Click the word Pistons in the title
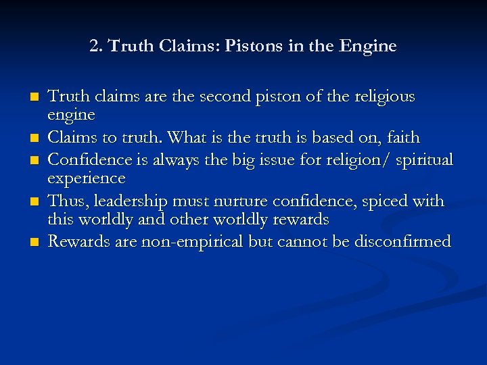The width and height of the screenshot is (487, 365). (251, 47)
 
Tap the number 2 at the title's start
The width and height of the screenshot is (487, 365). (93, 47)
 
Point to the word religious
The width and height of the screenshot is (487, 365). (379, 97)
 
